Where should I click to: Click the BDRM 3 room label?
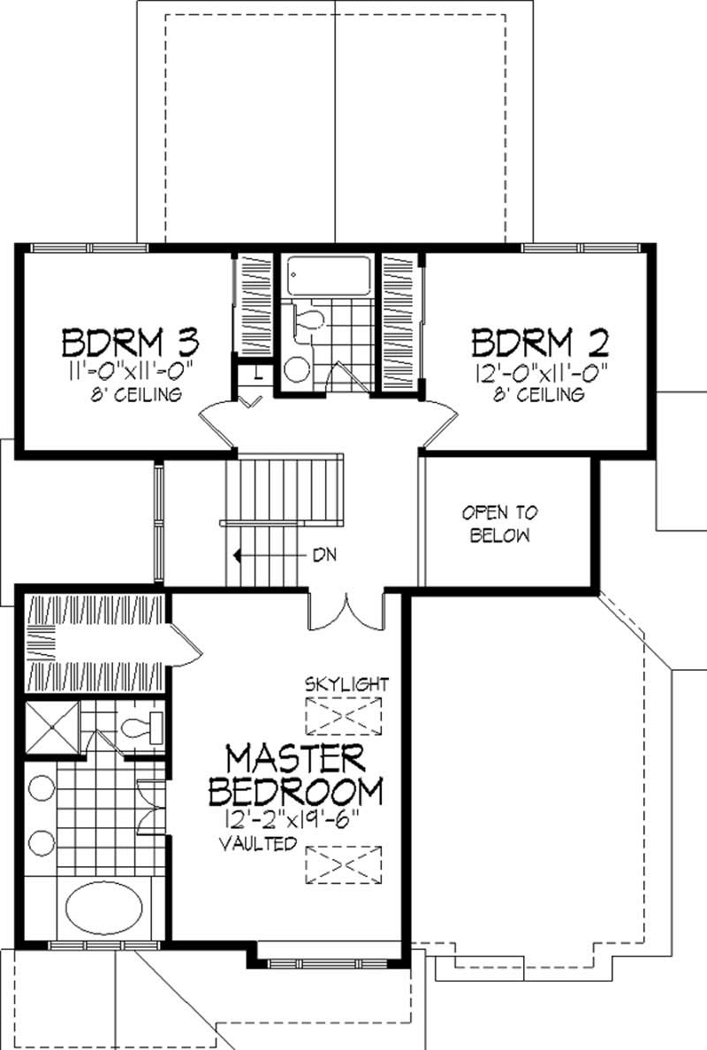pos(131,342)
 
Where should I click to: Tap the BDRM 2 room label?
pos(540,342)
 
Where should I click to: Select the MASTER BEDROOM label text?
pos(295,775)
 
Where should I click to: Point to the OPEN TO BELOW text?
pos(499,523)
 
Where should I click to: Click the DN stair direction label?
pos(324,555)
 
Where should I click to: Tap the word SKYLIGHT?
pos(346,684)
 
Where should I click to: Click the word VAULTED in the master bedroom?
pos(258,843)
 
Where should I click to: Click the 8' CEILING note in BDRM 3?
pos(136,394)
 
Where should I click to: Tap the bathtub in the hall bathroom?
pos(328,275)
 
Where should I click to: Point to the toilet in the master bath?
pos(141,727)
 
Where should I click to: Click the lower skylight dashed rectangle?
pos(344,865)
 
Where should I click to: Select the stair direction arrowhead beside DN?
pos(237,555)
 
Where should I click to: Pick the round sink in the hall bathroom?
pos(297,369)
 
